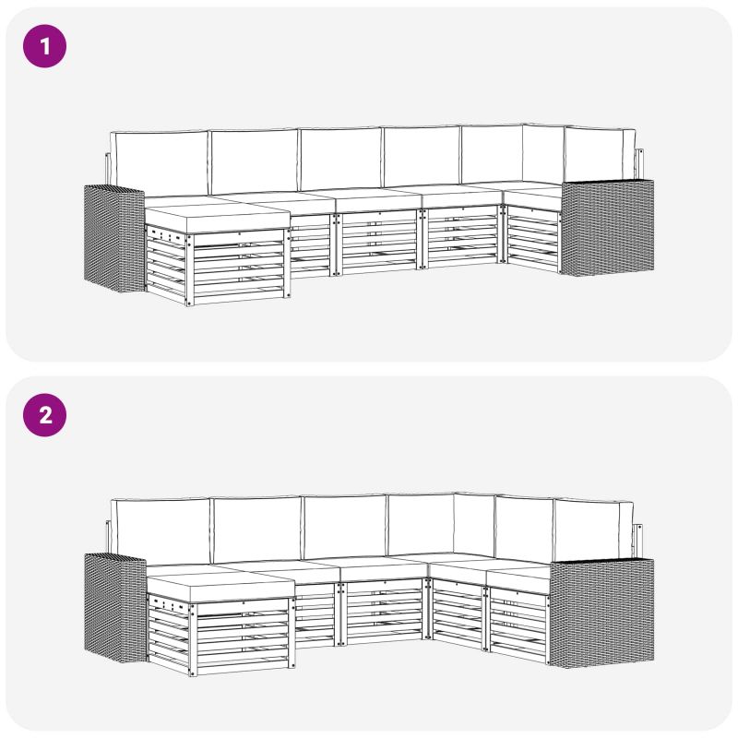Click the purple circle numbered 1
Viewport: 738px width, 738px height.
pos(44,46)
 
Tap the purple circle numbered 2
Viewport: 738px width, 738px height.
pos(44,415)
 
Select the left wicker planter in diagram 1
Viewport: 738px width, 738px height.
pos(113,238)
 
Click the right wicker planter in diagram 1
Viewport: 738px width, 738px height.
pos(607,227)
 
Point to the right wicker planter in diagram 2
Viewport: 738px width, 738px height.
pos(601,613)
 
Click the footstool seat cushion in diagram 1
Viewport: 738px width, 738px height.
pos(217,215)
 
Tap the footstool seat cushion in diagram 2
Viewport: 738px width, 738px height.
pos(220,584)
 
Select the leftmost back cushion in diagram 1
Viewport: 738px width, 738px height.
pos(159,163)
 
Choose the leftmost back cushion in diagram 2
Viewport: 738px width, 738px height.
pos(161,531)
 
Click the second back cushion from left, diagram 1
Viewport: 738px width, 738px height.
pos(255,161)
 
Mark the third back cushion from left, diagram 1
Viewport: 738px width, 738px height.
pos(340,159)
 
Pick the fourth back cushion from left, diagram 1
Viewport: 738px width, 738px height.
pos(422,157)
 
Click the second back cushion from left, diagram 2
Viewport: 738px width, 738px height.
pos(257,530)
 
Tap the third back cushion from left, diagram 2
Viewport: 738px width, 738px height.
pos(345,527)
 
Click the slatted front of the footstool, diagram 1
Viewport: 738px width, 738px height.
pos(238,267)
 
